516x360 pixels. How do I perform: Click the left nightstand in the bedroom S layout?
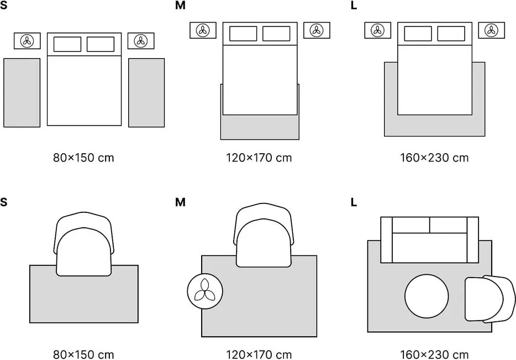coord(28,41)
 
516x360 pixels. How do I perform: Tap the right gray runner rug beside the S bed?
coord(146,92)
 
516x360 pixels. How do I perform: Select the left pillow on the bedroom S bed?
coord(67,44)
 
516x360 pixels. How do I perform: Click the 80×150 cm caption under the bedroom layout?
coord(83,158)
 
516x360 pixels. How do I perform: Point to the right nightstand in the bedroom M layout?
coord(317,30)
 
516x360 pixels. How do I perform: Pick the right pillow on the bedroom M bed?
coord(276,34)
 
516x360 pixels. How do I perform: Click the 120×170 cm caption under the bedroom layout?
coord(259,158)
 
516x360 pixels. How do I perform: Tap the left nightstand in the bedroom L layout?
coord(377,30)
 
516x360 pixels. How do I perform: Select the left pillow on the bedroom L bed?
coord(418,34)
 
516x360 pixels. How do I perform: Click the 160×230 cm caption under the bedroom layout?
coord(434,158)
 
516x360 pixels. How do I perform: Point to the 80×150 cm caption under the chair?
coord(83,354)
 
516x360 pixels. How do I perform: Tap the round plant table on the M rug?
coord(205,291)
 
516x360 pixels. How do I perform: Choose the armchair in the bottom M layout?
coord(264,235)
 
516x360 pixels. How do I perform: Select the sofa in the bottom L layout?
coord(429,239)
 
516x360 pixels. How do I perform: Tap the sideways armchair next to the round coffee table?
coord(485,299)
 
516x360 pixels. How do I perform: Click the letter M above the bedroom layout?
coord(180,6)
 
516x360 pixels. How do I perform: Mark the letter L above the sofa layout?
coord(354,202)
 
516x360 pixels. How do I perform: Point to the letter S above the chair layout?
coord(4,202)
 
